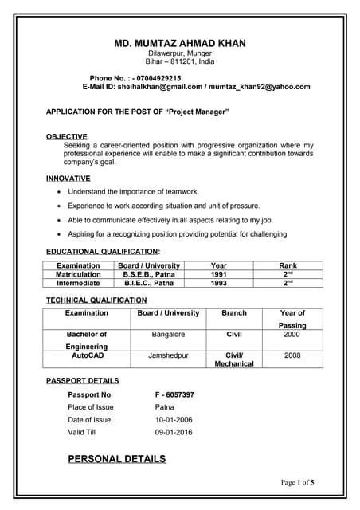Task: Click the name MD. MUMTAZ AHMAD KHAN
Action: pos(180,43)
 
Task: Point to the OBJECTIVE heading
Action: pos(67,137)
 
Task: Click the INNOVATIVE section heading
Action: pos(68,178)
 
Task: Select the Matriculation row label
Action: pos(78,274)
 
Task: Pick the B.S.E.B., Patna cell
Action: pos(148,274)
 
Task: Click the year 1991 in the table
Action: pos(219,274)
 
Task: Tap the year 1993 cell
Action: pos(219,283)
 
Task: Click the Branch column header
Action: pos(234,313)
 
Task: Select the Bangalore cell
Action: pos(168,335)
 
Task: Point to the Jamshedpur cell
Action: pos(168,355)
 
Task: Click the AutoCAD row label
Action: pos(87,355)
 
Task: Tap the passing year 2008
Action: pos(292,355)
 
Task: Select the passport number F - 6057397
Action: pos(174,394)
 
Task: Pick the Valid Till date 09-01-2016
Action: pos(172,432)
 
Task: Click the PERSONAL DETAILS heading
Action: pos(117,459)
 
